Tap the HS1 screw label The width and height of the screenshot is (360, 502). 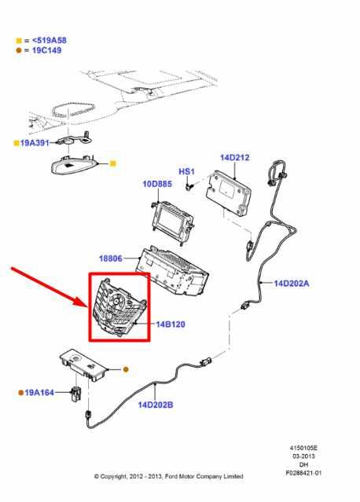click(186, 170)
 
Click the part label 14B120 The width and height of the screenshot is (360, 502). click(169, 323)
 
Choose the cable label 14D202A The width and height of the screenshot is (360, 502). click(292, 283)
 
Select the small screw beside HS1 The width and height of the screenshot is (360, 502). click(189, 186)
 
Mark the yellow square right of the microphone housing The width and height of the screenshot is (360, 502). click(112, 163)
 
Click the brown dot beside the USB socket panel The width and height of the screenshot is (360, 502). click(125, 368)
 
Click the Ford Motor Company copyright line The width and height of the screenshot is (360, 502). click(168, 476)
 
